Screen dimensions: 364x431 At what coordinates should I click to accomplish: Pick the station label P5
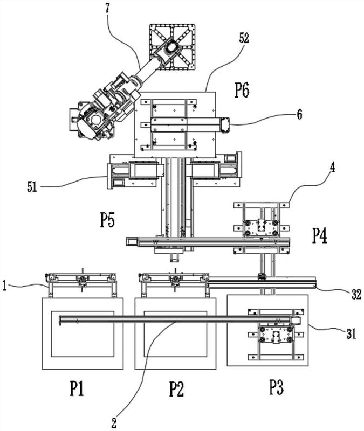(x=107, y=220)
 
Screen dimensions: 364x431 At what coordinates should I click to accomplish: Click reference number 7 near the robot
(x=107, y=8)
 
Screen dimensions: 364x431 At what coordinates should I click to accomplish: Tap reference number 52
(x=244, y=38)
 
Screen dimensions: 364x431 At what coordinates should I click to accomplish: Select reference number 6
(x=299, y=114)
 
